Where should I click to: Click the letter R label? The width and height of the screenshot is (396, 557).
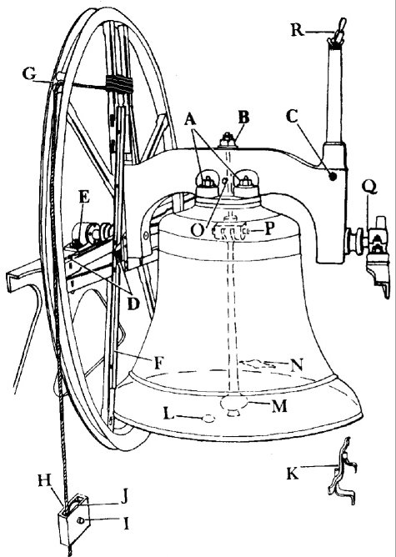(x=298, y=30)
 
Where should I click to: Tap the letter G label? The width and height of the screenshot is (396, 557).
(x=29, y=74)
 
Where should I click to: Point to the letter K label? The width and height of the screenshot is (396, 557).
(x=293, y=474)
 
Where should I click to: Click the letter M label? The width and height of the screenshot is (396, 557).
(x=279, y=406)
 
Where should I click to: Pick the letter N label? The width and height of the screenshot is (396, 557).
(x=297, y=365)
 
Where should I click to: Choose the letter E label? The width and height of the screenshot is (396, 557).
(x=84, y=197)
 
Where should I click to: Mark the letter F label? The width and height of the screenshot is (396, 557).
(x=158, y=363)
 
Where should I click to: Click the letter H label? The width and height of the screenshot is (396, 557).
(x=45, y=480)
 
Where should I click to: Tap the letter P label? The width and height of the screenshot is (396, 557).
(x=269, y=229)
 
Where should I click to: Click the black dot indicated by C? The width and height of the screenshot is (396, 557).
(x=333, y=176)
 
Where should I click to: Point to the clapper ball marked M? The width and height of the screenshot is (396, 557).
(x=233, y=404)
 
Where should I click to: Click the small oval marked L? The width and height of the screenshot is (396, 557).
(x=209, y=419)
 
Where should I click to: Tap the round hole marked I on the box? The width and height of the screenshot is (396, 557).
(x=81, y=520)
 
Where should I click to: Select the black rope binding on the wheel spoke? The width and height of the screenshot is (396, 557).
(x=119, y=84)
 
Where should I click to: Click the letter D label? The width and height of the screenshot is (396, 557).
(x=133, y=304)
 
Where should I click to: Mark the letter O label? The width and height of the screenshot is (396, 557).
(x=198, y=230)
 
